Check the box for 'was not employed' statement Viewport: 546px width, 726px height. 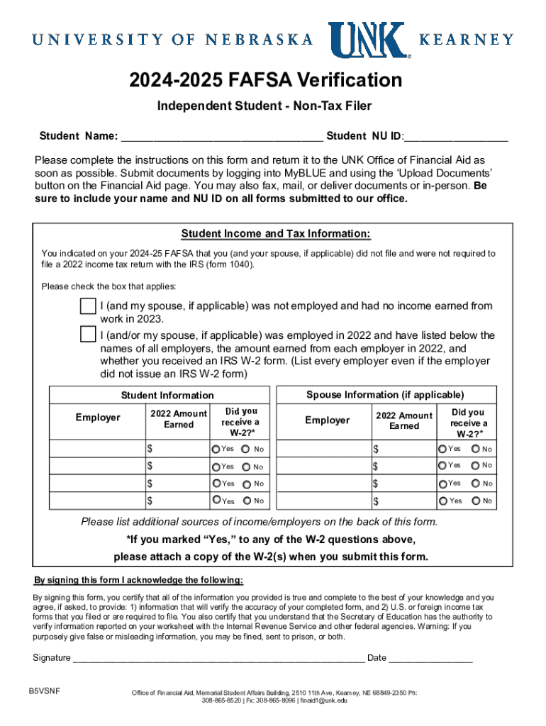(x=88, y=306)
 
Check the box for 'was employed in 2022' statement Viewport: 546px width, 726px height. (x=88, y=333)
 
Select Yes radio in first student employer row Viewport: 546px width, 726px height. (x=216, y=449)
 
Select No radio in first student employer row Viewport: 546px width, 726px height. (x=246, y=449)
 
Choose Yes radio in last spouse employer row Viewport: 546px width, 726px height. (x=443, y=501)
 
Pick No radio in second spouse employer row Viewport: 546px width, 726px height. (x=475, y=466)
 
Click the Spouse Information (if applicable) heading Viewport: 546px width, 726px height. (x=385, y=394)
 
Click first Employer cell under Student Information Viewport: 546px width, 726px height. (x=96, y=449)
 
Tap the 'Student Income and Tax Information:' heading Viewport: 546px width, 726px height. (x=276, y=234)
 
